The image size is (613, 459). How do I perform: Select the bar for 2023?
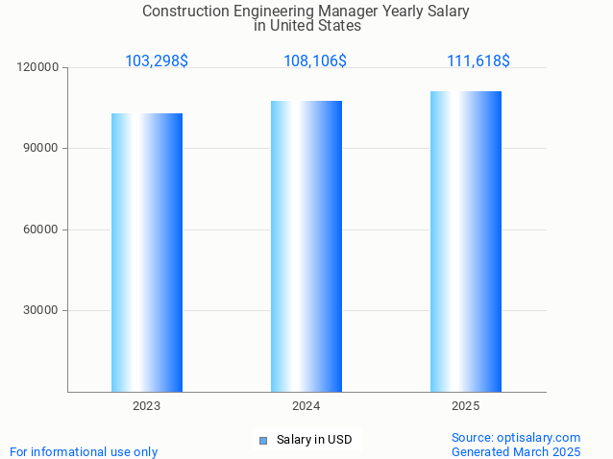tap(146, 252)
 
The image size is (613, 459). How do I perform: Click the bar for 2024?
tap(306, 246)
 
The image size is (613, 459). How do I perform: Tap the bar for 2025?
tap(466, 241)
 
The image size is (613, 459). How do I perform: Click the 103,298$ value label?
tap(157, 60)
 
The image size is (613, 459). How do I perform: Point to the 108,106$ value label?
tap(315, 60)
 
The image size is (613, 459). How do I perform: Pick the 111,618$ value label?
tap(478, 60)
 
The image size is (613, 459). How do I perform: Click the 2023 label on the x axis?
tap(146, 406)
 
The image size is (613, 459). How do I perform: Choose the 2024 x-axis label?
tap(306, 406)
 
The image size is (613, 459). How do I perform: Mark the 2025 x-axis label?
tap(466, 406)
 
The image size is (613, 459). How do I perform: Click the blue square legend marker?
tap(263, 441)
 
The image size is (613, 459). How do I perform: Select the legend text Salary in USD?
tap(314, 440)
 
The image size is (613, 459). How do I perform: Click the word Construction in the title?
tap(184, 12)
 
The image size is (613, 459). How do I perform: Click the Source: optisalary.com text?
tap(516, 437)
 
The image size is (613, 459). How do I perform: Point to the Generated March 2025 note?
tap(516, 451)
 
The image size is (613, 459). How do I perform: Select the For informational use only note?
tap(84, 451)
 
